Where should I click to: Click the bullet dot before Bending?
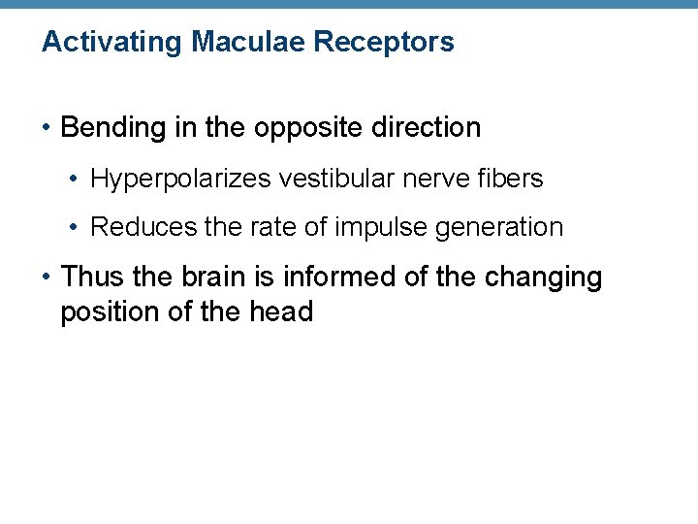[46, 128]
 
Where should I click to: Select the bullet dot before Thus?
[46, 278]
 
